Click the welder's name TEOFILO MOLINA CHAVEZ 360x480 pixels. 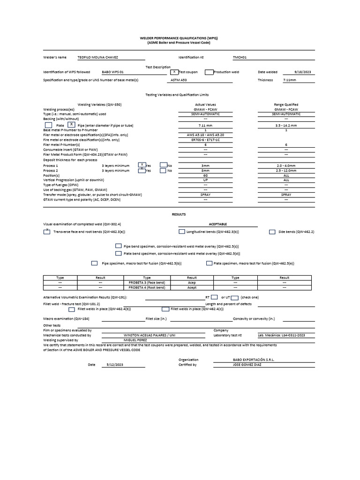pyautogui.click(x=97, y=57)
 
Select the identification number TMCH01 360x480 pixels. pyautogui.click(x=240, y=57)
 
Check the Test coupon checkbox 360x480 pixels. pyautogui.click(x=174, y=72)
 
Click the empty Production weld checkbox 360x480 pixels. pyautogui.click(x=209, y=72)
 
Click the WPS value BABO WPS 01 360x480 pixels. pyautogui.click(x=112, y=72)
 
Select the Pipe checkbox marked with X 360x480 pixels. pyautogui.click(x=71, y=125)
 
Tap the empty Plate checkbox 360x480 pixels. pyautogui.click(x=48, y=125)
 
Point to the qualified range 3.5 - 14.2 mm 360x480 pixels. pyautogui.click(x=286, y=126)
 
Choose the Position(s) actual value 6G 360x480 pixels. pyautogui.click(x=205, y=175)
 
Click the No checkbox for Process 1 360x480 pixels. pyautogui.click(x=163, y=165)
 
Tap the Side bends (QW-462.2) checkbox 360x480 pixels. pyautogui.click(x=272, y=232)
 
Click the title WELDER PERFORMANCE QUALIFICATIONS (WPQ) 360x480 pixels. pyautogui.click(x=180, y=38)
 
